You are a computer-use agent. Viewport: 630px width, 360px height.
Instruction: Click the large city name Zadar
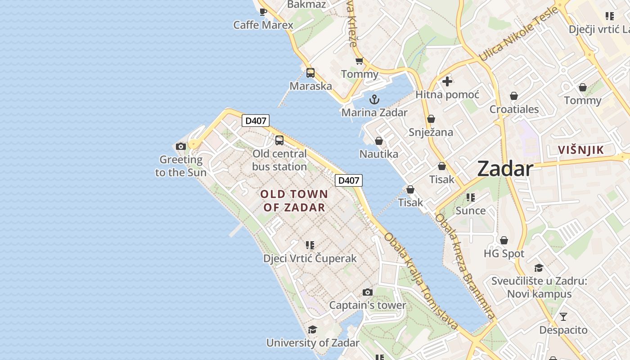[505, 169]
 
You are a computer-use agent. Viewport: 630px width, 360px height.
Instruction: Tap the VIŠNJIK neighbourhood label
[580, 150]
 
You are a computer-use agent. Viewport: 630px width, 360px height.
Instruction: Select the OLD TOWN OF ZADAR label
[294, 201]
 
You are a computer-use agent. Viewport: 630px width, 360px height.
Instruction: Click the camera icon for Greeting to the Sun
[181, 146]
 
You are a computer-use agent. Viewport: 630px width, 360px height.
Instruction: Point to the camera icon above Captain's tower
[368, 292]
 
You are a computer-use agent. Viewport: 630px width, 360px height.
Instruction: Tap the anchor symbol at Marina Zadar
[374, 99]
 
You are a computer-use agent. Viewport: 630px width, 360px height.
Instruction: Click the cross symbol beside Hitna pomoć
[447, 81]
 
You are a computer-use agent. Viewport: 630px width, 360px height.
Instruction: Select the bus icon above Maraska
[310, 72]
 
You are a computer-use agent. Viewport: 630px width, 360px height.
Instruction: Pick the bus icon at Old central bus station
[279, 140]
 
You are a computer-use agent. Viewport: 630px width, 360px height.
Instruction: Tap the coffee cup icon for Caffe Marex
[263, 12]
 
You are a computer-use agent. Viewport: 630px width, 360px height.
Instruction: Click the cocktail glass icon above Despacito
[563, 316]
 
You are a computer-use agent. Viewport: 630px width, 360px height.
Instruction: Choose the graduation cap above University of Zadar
[313, 329]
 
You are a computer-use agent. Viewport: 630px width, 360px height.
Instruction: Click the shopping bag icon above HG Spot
[504, 240]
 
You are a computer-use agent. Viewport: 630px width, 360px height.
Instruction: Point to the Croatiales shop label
[514, 109]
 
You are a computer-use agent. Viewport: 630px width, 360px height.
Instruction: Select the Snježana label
[431, 132]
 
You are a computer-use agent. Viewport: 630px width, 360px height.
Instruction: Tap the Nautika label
[378, 154]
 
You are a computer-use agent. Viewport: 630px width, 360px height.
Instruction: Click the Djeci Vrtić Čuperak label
[310, 258]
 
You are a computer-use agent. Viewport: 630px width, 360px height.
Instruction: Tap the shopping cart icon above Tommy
[359, 61]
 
